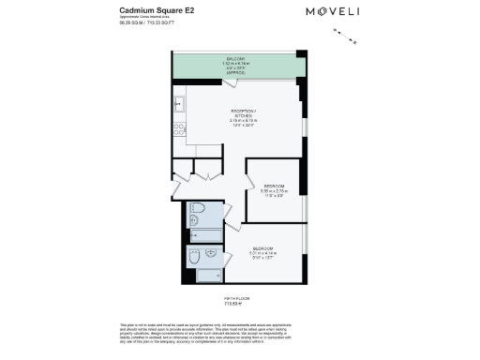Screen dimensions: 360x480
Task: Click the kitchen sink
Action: pyautogui.click(x=179, y=104)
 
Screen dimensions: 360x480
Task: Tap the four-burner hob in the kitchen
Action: pyautogui.click(x=179, y=131)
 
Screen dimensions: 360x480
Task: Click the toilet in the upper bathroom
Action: pyautogui.click(x=198, y=209)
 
